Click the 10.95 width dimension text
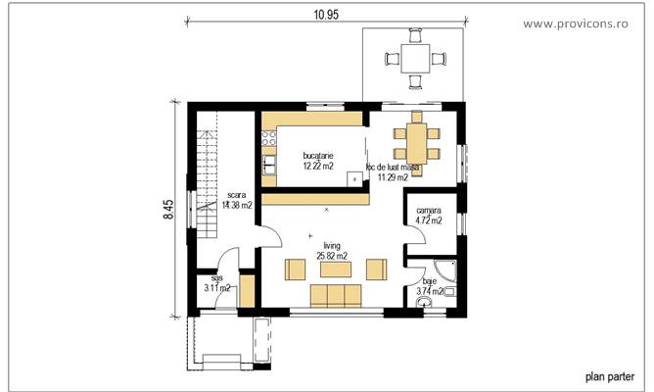tap(325, 16)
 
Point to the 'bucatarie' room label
tap(318, 156)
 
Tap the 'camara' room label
tap(428, 211)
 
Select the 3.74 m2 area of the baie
tap(430, 291)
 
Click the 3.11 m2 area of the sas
tap(216, 288)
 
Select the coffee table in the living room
tap(333, 269)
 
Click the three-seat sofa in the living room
tap(333, 295)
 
